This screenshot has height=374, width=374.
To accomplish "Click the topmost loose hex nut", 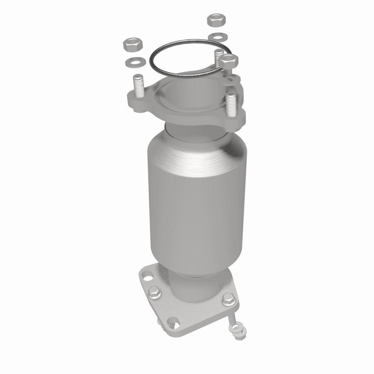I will point(216,21).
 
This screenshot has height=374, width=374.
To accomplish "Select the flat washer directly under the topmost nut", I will point(216,36).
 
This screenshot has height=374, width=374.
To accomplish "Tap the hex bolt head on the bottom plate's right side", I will point(228,300).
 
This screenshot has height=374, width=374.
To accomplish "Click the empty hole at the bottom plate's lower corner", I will point(173,322).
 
